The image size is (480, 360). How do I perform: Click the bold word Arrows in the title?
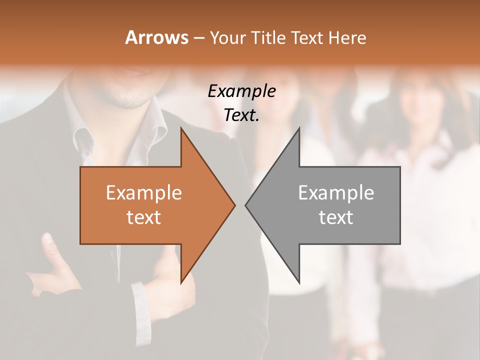(x=156, y=37)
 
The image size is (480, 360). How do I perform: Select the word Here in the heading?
(x=346, y=37)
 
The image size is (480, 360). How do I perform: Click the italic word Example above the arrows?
(x=241, y=91)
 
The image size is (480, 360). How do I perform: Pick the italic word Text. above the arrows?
(x=241, y=115)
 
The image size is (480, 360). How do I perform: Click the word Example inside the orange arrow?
(x=144, y=192)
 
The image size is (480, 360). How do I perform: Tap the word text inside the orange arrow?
(x=144, y=217)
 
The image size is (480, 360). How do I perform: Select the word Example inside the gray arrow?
(x=336, y=192)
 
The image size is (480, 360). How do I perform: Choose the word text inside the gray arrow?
(x=336, y=217)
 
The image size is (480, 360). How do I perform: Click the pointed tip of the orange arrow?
(x=234, y=205)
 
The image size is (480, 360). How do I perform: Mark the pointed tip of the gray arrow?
(x=246, y=205)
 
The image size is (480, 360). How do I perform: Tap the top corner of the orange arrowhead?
(x=181, y=128)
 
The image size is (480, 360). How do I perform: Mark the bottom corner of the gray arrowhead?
(x=299, y=283)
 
